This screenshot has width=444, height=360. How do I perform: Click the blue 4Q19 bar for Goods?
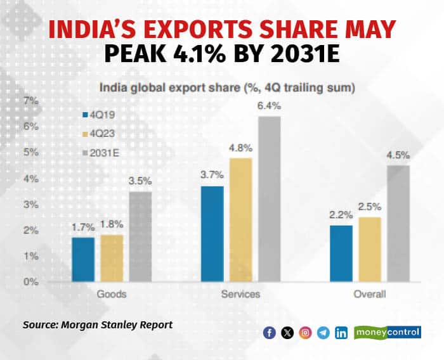pos(83,259)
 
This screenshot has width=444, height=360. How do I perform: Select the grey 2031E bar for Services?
pos(269,199)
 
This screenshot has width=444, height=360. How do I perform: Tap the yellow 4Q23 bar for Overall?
pos(370,249)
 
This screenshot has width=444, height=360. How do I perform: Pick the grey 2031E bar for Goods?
pos(140,236)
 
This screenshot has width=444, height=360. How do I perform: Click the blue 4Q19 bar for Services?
pos(212,234)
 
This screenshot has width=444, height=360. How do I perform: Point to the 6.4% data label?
pos(269,106)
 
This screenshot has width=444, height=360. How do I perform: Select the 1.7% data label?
pos(83,227)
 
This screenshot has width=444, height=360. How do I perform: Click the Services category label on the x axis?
pos(240,295)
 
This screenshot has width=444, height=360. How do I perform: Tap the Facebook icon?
pos(270,333)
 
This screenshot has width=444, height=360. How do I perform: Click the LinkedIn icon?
pos(341,333)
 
